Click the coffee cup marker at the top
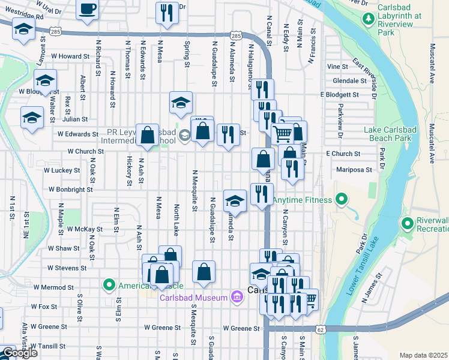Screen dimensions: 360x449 point(88,9)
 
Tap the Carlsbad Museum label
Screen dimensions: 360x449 point(193,298)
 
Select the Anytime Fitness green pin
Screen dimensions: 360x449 point(342,199)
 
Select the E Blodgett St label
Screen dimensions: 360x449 point(339,95)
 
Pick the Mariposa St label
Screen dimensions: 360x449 point(354,170)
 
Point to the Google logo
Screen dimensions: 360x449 point(19,353)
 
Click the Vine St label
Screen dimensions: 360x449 point(337,67)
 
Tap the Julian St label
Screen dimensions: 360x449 point(75,119)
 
